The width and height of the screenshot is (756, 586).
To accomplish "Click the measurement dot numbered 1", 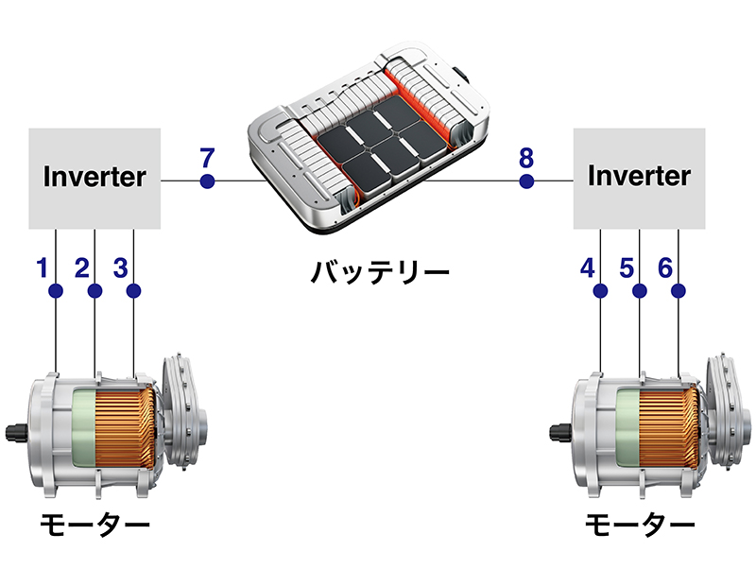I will click(56, 290).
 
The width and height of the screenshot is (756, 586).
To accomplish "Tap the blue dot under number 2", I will click(94, 290).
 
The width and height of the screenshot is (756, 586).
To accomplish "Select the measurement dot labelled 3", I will click(133, 290).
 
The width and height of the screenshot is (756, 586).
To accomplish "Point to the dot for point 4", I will click(601, 290).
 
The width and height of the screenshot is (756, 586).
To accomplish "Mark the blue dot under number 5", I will click(640, 290).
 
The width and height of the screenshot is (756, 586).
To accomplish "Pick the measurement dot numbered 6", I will click(679, 290).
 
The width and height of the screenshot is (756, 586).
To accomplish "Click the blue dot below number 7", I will click(207, 181).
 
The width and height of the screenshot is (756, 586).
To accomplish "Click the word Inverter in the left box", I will click(94, 176).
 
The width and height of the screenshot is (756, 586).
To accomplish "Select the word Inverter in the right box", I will click(640, 176).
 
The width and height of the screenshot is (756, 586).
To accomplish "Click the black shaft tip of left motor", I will click(12, 434).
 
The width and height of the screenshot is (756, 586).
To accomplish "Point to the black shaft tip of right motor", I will click(558, 434).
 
